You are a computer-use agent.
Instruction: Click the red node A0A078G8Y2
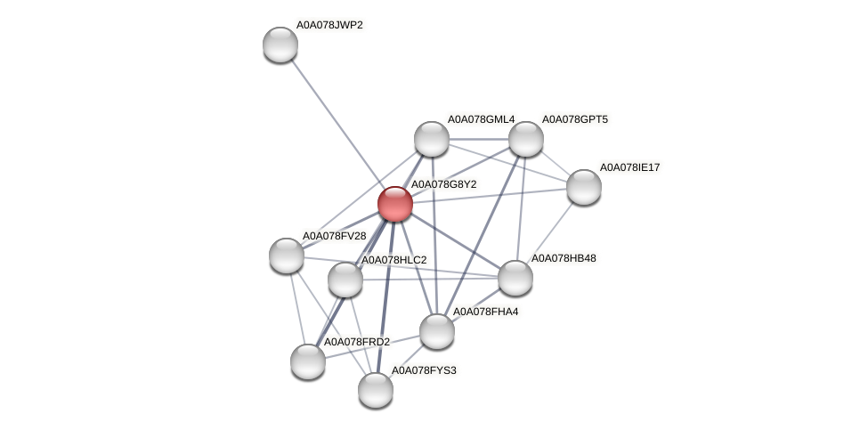coord(394,204)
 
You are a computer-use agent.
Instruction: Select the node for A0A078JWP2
coord(280,45)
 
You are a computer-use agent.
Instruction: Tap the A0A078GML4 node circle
coord(432,139)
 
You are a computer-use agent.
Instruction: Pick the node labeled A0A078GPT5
coord(526,139)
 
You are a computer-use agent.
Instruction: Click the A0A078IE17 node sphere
coord(584,187)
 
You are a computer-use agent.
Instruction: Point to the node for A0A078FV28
coord(287,256)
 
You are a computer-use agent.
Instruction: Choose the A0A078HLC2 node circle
coord(345,280)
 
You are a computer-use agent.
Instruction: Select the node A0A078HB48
coord(515,278)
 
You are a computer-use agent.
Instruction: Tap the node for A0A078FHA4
coord(436,331)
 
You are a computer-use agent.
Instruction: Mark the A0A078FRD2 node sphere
coord(308,361)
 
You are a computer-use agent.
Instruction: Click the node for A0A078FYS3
coord(376,389)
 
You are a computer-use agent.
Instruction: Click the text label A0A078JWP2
coord(329,25)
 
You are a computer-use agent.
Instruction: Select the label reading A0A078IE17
coord(629,167)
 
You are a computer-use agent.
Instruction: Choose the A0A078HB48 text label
coord(564,258)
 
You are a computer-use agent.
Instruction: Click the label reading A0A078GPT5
coord(575,119)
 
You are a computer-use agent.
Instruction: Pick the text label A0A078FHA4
coord(485,312)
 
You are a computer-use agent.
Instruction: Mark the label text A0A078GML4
coord(481,119)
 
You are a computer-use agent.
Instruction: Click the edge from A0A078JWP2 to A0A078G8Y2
coord(337,124)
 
